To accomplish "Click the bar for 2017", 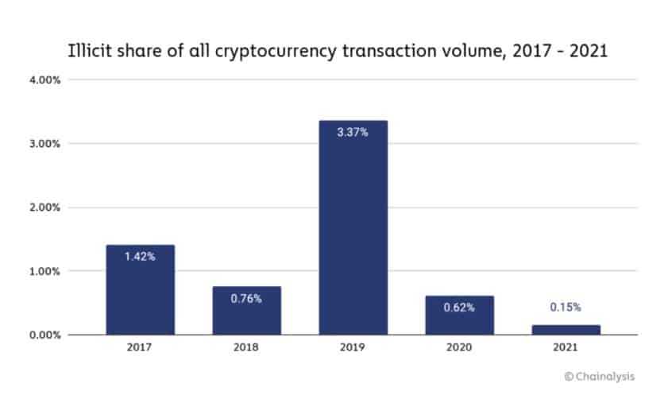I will pos(140,289).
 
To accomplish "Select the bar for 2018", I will pos(246,310).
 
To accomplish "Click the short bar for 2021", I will pos(566,329).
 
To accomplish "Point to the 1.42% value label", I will pos(140,257).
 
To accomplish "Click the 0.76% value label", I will pos(246,298).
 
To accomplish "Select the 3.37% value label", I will pos(353,133).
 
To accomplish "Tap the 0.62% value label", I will pos(459,308).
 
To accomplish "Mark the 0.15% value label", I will pos(566,307).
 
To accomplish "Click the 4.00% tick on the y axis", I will pos(44,80).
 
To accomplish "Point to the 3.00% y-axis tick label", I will pos(44,144).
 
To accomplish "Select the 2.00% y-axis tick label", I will pos(44,207).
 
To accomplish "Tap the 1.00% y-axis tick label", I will pos(44,271).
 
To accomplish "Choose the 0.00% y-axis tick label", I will pos(44,335).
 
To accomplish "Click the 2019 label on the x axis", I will pos(353,348).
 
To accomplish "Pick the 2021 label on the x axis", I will pos(566,348).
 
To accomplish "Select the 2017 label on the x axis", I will pos(140,348).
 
